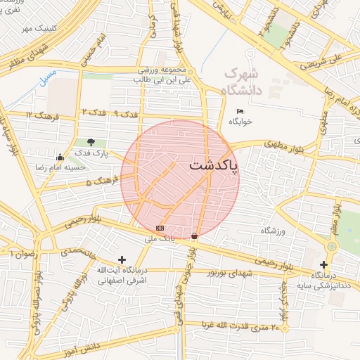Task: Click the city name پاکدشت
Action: pos(213,166)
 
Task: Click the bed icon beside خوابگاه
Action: pos(240,111)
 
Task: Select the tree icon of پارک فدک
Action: pos(91,143)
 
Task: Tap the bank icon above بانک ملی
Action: pos(160,228)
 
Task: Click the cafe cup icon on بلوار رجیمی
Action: pos(195,236)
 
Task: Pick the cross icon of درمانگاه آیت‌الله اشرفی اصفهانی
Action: pos(122,260)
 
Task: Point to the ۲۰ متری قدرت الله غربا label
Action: pos(245,326)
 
